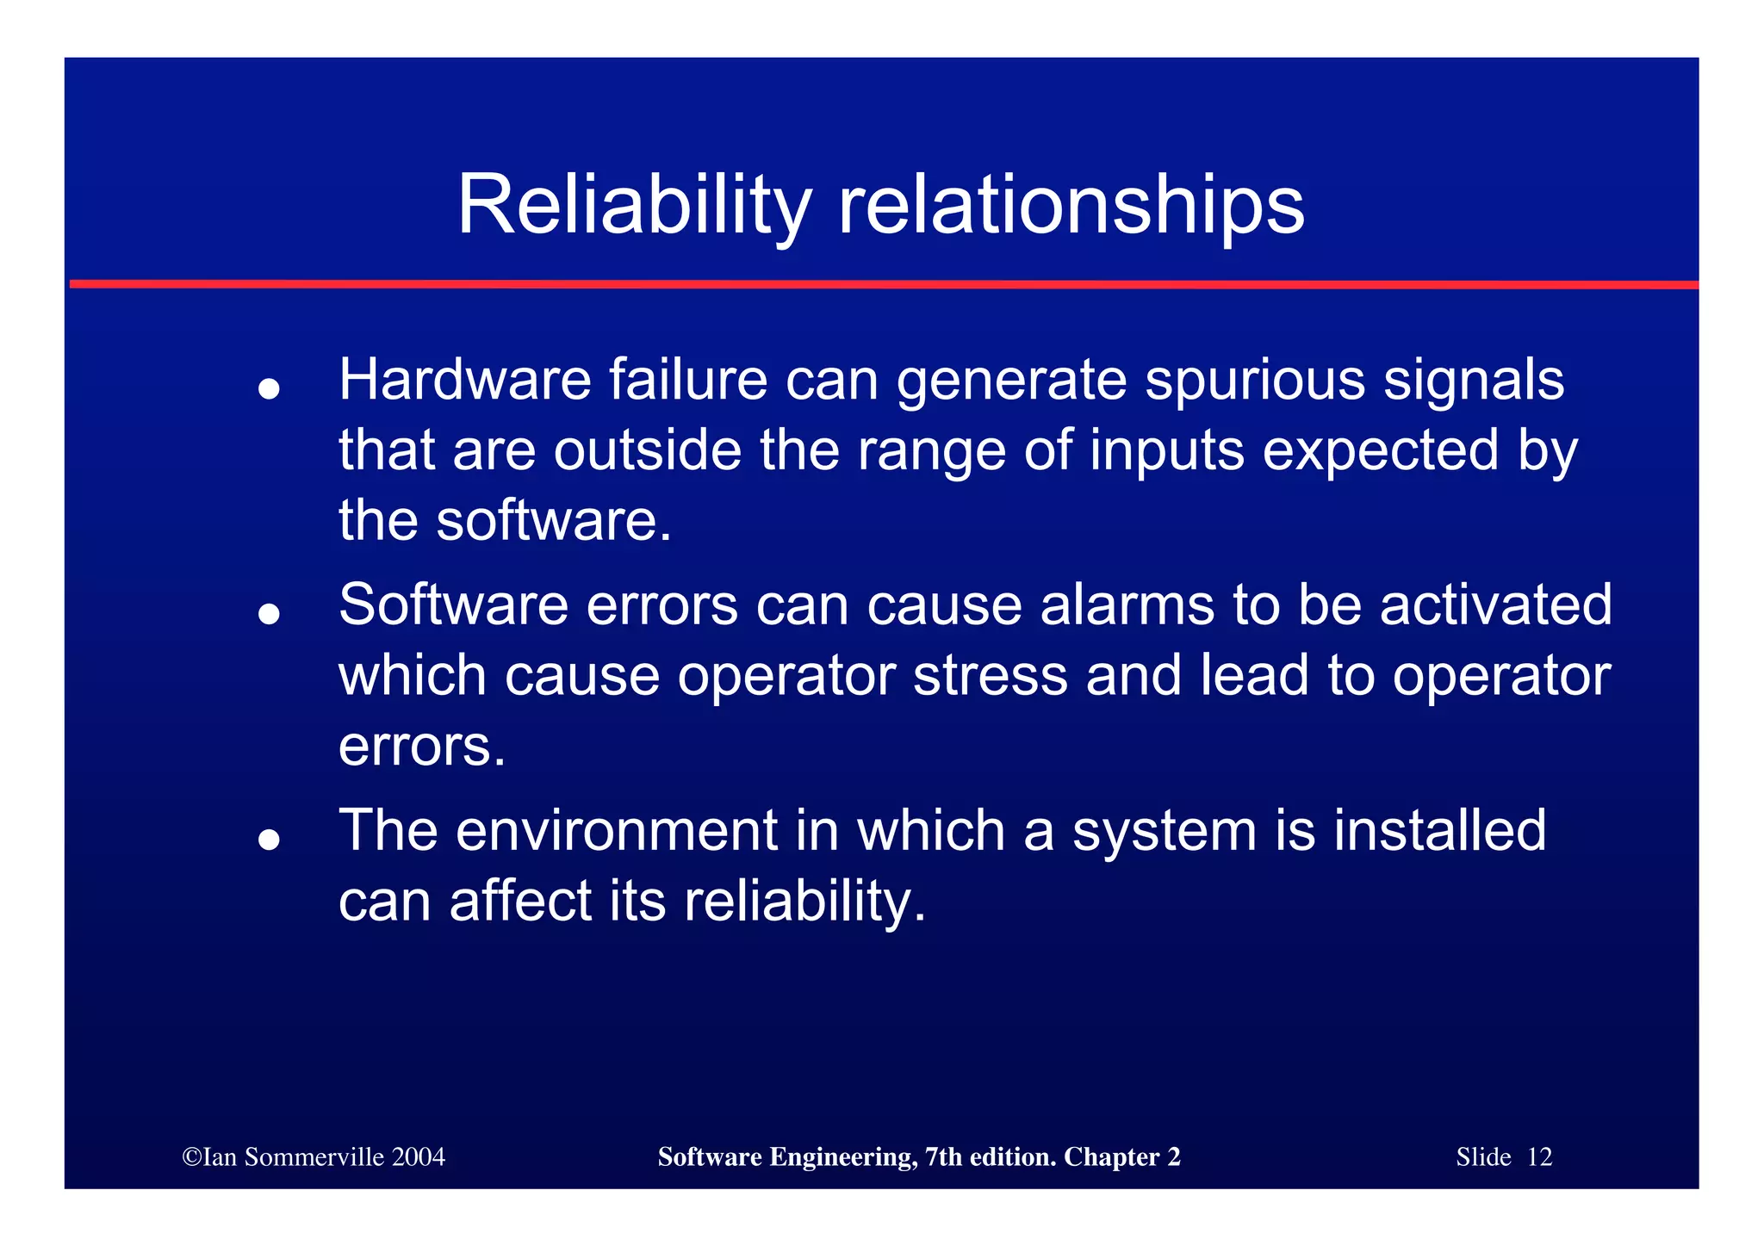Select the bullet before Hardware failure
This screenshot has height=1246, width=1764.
tap(270, 388)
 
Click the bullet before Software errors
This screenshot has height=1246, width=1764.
tap(270, 613)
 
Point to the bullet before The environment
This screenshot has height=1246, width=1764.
tap(270, 839)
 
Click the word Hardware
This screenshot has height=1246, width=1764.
tap(464, 380)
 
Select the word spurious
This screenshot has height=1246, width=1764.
tap(1254, 380)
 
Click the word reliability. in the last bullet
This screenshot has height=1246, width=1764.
tap(804, 902)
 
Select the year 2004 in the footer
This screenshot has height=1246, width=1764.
tap(418, 1156)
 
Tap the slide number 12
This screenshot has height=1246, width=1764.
tap(1539, 1156)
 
